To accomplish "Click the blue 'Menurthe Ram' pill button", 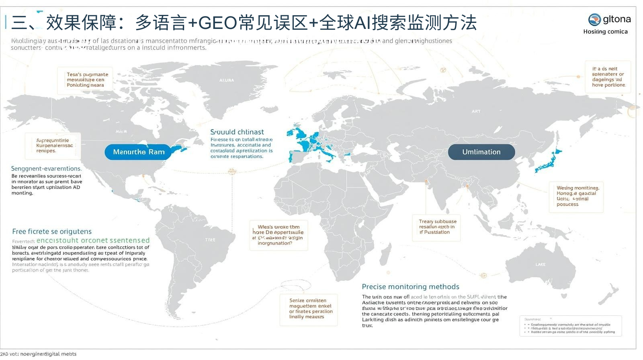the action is click(139, 152).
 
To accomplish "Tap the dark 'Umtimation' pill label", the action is click(481, 152).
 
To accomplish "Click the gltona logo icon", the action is click(594, 19).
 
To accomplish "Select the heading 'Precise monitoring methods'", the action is click(410, 286).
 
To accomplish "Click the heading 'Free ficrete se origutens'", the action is click(52, 231).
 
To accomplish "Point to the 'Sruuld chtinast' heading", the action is click(237, 132).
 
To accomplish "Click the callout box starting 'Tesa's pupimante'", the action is click(85, 80).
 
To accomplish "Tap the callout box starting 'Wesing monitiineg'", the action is click(576, 196).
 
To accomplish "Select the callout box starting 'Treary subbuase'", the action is click(437, 227).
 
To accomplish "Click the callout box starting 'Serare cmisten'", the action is click(309, 309).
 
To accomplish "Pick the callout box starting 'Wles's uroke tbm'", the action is click(278, 235).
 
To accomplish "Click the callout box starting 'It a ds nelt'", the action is click(608, 77).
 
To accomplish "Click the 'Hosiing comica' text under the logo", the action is click(605, 32).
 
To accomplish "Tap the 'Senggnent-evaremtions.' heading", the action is click(46, 168).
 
